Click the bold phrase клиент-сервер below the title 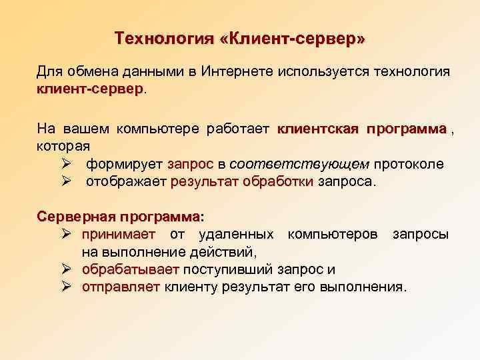90,89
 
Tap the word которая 63,144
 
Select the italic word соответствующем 299,164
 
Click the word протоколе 409,164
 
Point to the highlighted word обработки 278,181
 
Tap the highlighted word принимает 118,235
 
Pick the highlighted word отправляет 121,287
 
